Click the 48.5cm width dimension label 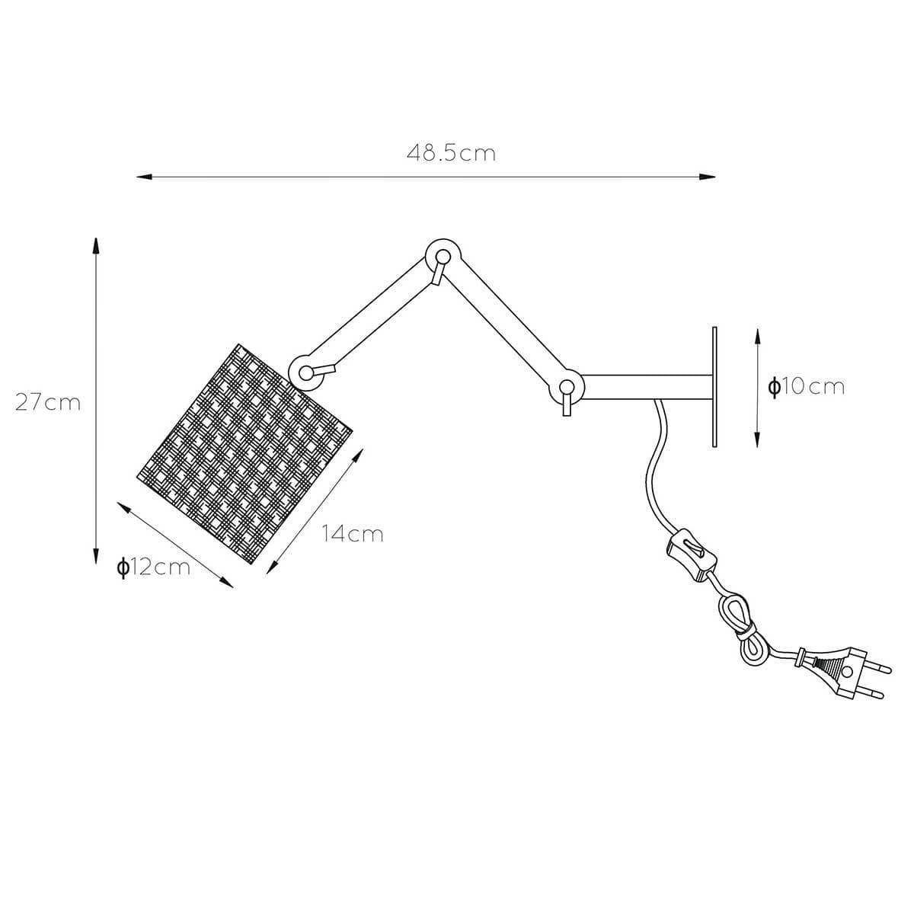tap(451, 153)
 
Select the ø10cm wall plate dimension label tap(806, 387)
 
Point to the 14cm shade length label tap(353, 534)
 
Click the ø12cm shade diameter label tap(154, 567)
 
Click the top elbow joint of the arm tap(443, 257)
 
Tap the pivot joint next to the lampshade tap(305, 372)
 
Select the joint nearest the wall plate tap(567, 387)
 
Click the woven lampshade tap(244, 454)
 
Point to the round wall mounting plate tap(714, 387)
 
